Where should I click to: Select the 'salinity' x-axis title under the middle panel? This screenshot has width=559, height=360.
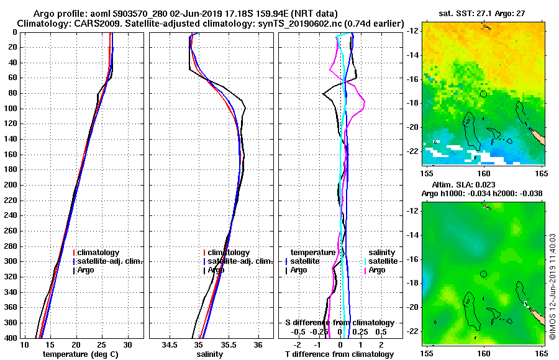[211, 354]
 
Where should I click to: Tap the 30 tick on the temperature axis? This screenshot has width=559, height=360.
[127, 344]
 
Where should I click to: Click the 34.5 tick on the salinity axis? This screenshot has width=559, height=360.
[170, 344]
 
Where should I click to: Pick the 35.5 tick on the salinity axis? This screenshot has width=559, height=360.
[229, 344]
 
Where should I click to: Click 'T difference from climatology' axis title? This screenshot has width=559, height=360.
[339, 354]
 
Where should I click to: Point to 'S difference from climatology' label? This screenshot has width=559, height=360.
[339, 323]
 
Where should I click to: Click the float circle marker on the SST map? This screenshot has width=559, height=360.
[483, 94]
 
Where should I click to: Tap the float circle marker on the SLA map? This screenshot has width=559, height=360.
[483, 274]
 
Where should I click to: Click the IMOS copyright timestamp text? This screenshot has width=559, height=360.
[553, 286]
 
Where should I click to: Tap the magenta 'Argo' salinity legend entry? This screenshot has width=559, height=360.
[377, 270]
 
